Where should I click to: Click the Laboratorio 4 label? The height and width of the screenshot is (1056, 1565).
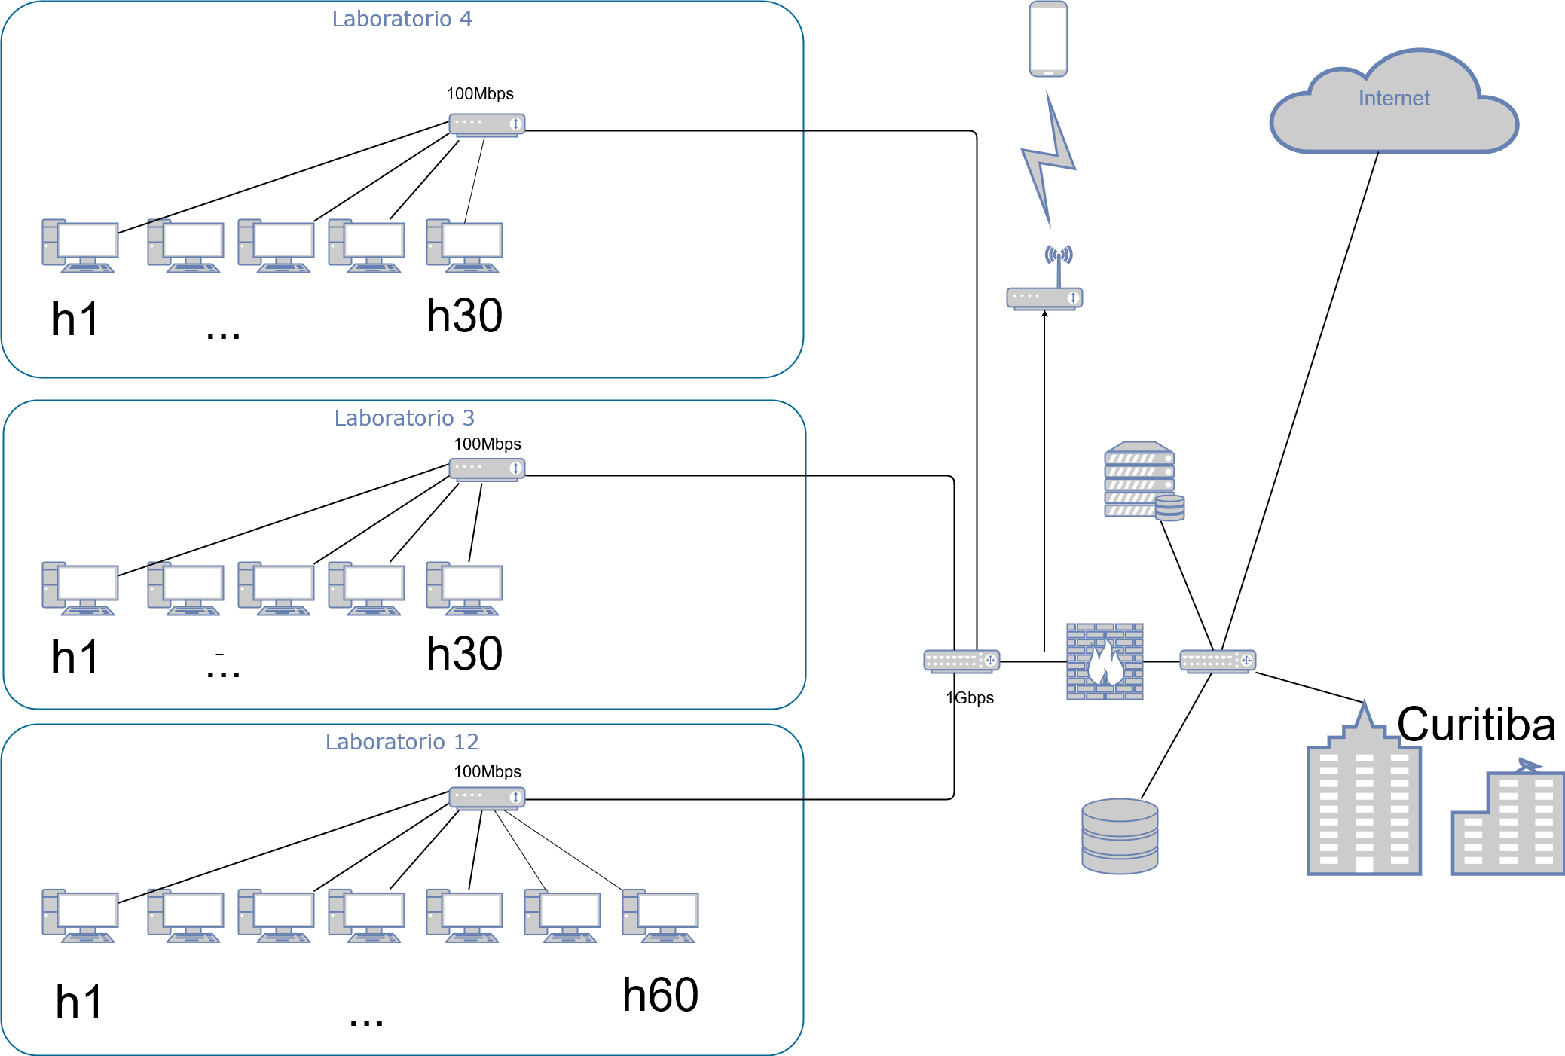[x=402, y=19]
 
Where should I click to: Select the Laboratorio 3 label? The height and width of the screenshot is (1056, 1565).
[x=404, y=418]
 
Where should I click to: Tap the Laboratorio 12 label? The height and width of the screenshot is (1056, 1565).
[x=402, y=742]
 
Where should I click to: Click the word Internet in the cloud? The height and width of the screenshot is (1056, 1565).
[x=1393, y=99]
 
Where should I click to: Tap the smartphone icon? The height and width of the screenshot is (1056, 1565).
[x=1048, y=39]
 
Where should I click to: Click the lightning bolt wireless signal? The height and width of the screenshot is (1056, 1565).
[x=1048, y=159]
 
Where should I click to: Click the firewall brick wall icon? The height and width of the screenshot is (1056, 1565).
[x=1105, y=661]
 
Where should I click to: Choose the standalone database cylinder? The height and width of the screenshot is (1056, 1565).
[x=1120, y=836]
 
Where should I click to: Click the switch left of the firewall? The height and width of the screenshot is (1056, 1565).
[x=961, y=661]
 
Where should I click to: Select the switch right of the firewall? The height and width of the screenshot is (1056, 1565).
[x=1218, y=661]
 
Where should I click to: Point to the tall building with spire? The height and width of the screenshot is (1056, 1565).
[x=1364, y=798]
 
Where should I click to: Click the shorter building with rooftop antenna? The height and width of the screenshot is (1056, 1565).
[x=1507, y=821]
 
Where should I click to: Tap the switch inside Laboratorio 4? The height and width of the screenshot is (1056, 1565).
[x=487, y=124]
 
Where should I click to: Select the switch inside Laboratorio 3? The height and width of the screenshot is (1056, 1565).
[x=487, y=469]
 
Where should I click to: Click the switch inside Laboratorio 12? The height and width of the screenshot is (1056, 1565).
[x=487, y=798]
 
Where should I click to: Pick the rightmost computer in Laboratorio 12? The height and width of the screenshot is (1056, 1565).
[x=660, y=915]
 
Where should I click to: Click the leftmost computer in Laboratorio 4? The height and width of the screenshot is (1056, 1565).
[x=80, y=246]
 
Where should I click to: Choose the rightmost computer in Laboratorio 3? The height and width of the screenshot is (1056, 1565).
[x=464, y=588]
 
